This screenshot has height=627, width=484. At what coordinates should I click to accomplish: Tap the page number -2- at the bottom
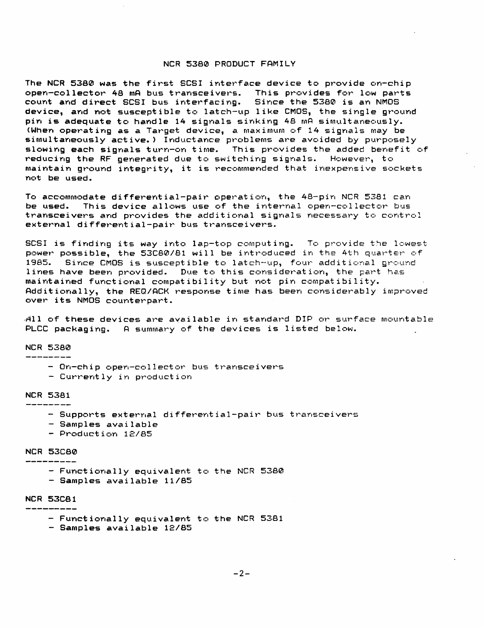click(x=242, y=573)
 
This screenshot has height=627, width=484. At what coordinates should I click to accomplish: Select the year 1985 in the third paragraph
click(x=40, y=262)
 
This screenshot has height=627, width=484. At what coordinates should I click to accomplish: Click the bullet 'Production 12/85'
click(x=106, y=434)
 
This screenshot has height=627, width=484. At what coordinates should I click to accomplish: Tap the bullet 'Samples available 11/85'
click(x=126, y=481)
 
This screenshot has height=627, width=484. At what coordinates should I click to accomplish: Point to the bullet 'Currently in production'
click(x=126, y=376)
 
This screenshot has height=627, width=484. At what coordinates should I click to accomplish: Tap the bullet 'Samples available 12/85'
click(x=126, y=528)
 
